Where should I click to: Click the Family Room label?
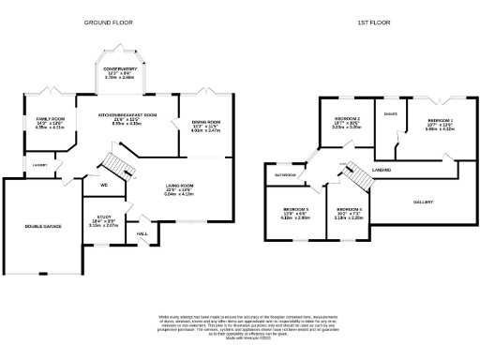[x=50, y=120]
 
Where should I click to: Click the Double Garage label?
[x=43, y=225]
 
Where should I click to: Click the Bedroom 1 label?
[x=440, y=121]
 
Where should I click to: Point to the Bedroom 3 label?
[x=296, y=209]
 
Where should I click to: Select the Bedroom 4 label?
[x=349, y=209]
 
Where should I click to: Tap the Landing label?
[x=381, y=170]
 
